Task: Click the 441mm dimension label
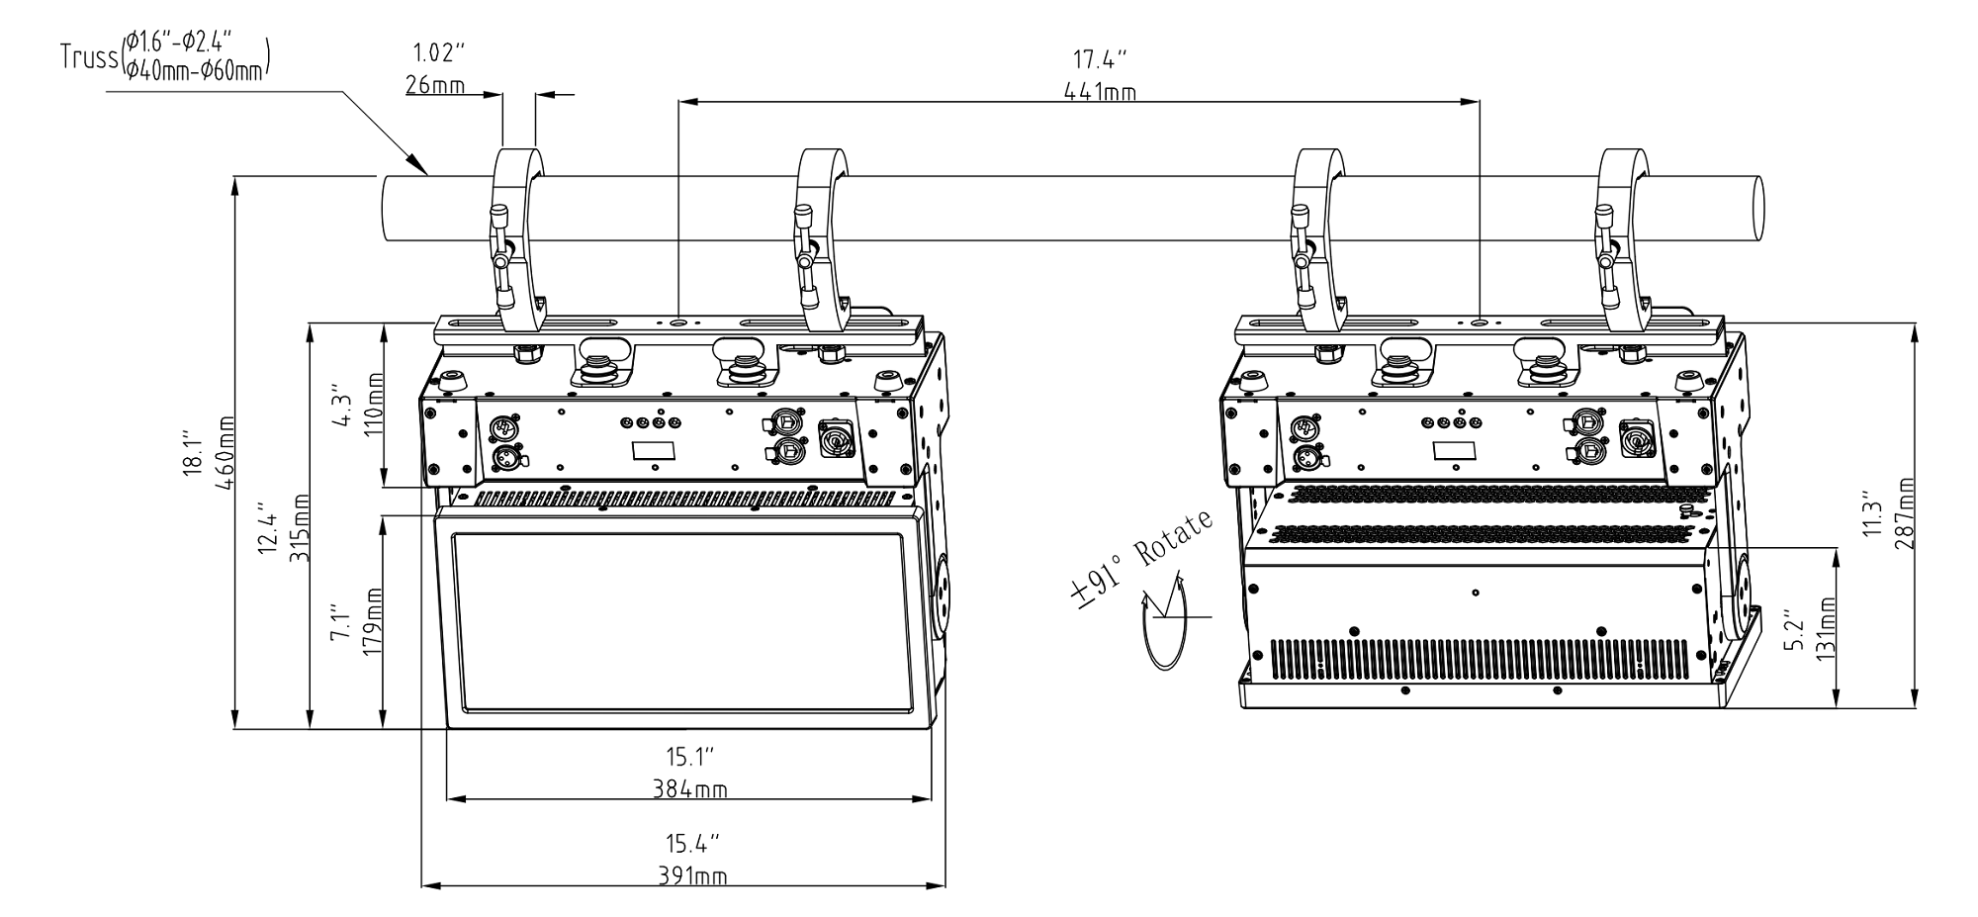(x=1100, y=92)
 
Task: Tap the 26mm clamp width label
(x=435, y=85)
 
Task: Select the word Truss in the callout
(x=89, y=56)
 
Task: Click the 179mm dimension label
(x=375, y=620)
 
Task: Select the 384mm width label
(x=689, y=789)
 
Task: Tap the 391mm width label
(x=689, y=877)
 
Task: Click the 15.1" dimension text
(x=689, y=757)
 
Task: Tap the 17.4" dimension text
(x=1100, y=60)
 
